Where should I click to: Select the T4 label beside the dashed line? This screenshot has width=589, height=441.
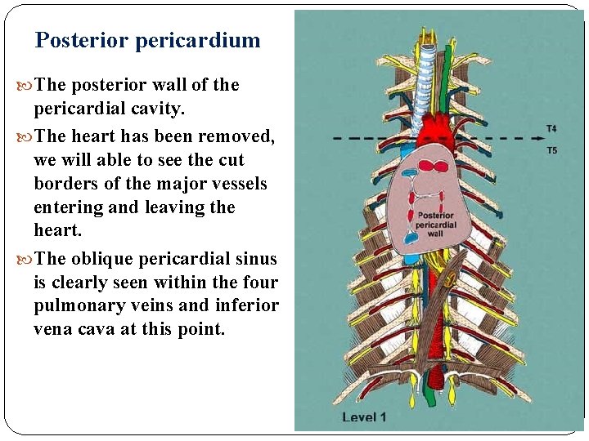coord(552,128)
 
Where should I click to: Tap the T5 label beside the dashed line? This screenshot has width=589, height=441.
coord(552,150)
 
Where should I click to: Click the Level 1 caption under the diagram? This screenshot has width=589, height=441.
coord(365,417)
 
